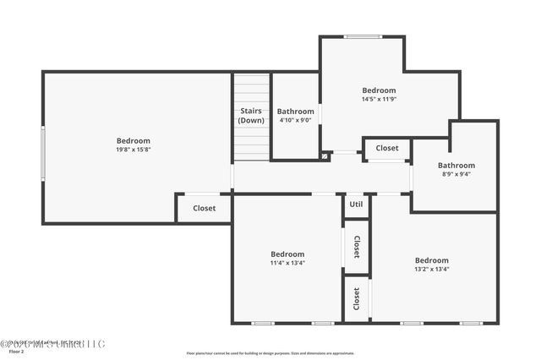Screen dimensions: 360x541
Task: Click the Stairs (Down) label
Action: (x=251, y=116)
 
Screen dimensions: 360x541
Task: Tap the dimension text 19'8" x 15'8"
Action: (x=134, y=150)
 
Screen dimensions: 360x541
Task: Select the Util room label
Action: (x=356, y=205)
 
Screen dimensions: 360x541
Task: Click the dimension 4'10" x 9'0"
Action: (x=296, y=120)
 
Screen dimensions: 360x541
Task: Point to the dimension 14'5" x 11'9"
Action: (x=379, y=99)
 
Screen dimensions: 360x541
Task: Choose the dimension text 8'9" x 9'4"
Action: (x=456, y=175)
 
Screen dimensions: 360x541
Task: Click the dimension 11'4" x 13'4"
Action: (x=287, y=263)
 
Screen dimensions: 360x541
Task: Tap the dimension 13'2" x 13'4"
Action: (x=431, y=270)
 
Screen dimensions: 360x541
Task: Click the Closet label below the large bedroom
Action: (x=204, y=208)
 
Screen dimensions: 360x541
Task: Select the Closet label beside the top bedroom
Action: (x=387, y=148)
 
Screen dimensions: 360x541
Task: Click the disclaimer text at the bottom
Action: (x=270, y=353)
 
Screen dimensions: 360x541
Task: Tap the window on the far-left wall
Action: (x=43, y=153)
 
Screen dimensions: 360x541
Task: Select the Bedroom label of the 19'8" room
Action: (x=134, y=140)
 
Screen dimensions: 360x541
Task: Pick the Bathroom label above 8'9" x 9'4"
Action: (x=456, y=166)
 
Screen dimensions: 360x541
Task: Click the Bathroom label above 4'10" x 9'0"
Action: (x=296, y=111)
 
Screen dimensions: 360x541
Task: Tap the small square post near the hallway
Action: (x=325, y=155)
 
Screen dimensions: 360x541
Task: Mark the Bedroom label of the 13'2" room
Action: (x=431, y=260)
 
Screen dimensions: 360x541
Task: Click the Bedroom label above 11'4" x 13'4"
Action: (x=287, y=254)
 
